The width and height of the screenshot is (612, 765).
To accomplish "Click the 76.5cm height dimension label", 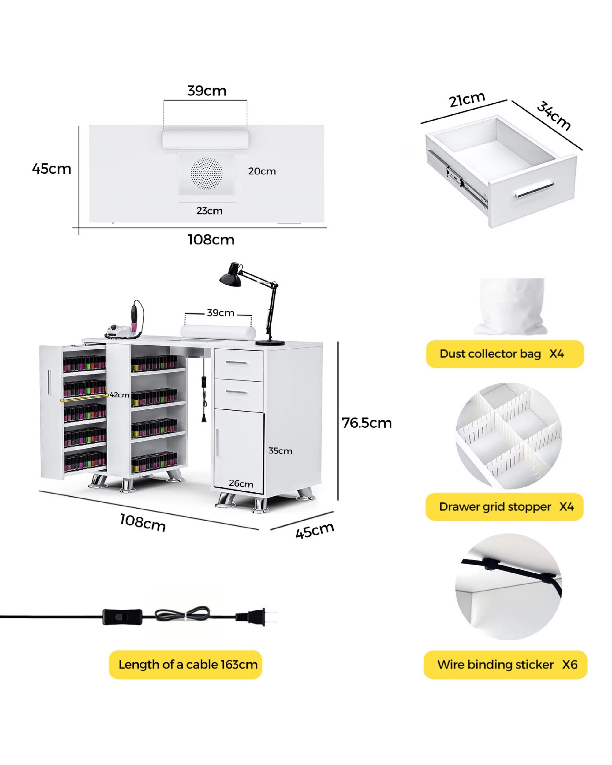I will tap(367, 423).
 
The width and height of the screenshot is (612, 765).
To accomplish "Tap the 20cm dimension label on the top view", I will tap(262, 171).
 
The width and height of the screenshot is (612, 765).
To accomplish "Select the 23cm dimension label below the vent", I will tap(209, 211).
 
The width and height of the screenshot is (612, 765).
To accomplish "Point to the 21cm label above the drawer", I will tap(467, 99).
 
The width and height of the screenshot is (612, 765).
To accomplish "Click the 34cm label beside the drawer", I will tap(554, 116).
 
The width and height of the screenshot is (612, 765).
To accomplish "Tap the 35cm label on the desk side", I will tap(280, 451).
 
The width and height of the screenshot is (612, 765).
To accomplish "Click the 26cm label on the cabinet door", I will tap(241, 483).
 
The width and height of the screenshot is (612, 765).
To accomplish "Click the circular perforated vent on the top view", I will tap(207, 174).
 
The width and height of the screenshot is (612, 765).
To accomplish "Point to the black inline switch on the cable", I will tap(122, 617).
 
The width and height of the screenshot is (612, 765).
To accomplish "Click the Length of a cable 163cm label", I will tap(188, 665).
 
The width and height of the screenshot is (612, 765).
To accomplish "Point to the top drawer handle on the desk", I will tap(236, 363).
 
